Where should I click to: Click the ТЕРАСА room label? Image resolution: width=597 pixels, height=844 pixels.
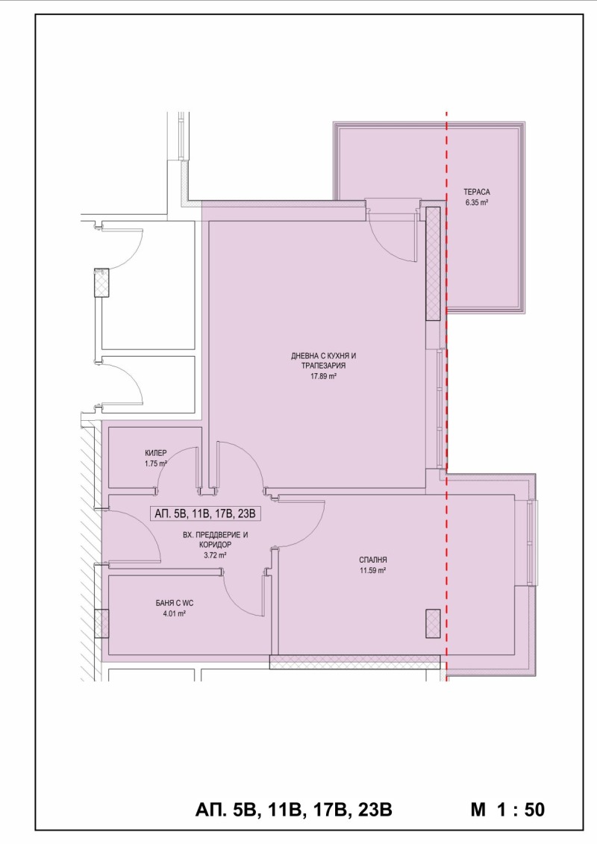[x=476, y=193]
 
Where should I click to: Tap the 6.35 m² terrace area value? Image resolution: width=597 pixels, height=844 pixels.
[x=476, y=203]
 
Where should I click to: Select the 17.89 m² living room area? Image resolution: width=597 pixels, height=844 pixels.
[x=323, y=376]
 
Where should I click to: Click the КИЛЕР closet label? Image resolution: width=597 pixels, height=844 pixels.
[x=155, y=453]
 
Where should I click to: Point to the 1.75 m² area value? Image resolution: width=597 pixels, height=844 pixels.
[x=155, y=463]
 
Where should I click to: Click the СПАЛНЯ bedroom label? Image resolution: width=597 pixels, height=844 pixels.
[x=372, y=560]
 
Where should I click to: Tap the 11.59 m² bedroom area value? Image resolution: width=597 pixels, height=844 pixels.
[x=372, y=571]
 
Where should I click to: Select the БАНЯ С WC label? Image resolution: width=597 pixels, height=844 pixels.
[x=175, y=604]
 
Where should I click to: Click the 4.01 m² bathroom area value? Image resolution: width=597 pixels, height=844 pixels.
[x=175, y=613]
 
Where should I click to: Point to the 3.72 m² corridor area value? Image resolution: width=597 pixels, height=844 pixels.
[x=215, y=555]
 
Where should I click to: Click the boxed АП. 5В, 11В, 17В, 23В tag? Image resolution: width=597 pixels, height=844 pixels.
[x=205, y=513]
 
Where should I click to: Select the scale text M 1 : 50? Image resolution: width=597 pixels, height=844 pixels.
[x=507, y=809]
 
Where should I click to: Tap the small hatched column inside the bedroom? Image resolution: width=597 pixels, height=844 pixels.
[x=433, y=624]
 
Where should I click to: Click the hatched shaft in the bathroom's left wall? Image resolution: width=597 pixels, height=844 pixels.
[x=101, y=624]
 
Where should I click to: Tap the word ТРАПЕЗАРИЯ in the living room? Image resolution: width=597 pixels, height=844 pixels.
[x=324, y=366]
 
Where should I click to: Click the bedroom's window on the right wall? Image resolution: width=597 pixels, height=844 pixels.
[x=532, y=543]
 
